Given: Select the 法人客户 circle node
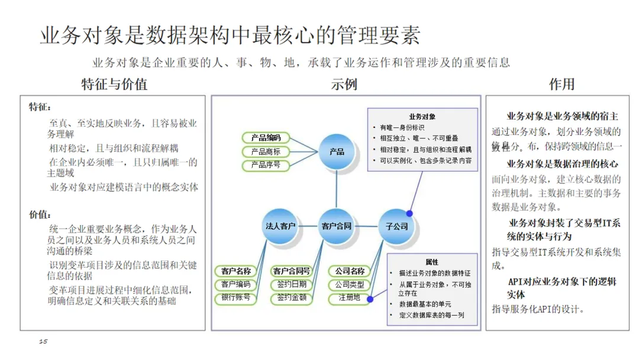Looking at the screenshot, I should [x=280, y=226].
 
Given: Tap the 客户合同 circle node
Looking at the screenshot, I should [x=336, y=226].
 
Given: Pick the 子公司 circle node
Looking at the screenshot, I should [x=396, y=226].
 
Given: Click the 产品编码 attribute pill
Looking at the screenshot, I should [x=265, y=138].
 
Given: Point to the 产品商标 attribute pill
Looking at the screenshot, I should [x=265, y=152].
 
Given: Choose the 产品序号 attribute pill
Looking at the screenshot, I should [x=265, y=165].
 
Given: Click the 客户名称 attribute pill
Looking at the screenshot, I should [x=236, y=271].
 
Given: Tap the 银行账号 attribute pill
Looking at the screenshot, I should [x=236, y=298].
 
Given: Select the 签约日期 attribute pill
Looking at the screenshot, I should [x=292, y=285].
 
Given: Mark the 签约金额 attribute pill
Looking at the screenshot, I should [x=292, y=298].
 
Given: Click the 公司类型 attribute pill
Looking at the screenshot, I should [x=349, y=285].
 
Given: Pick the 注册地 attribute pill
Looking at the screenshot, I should [x=349, y=298].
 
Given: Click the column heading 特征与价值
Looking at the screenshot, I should [x=114, y=84].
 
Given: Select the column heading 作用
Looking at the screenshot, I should [x=561, y=84].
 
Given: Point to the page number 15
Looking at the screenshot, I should [x=43, y=342].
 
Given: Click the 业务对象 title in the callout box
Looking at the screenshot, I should [x=422, y=117].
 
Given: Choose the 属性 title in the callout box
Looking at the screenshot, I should [x=431, y=262].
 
